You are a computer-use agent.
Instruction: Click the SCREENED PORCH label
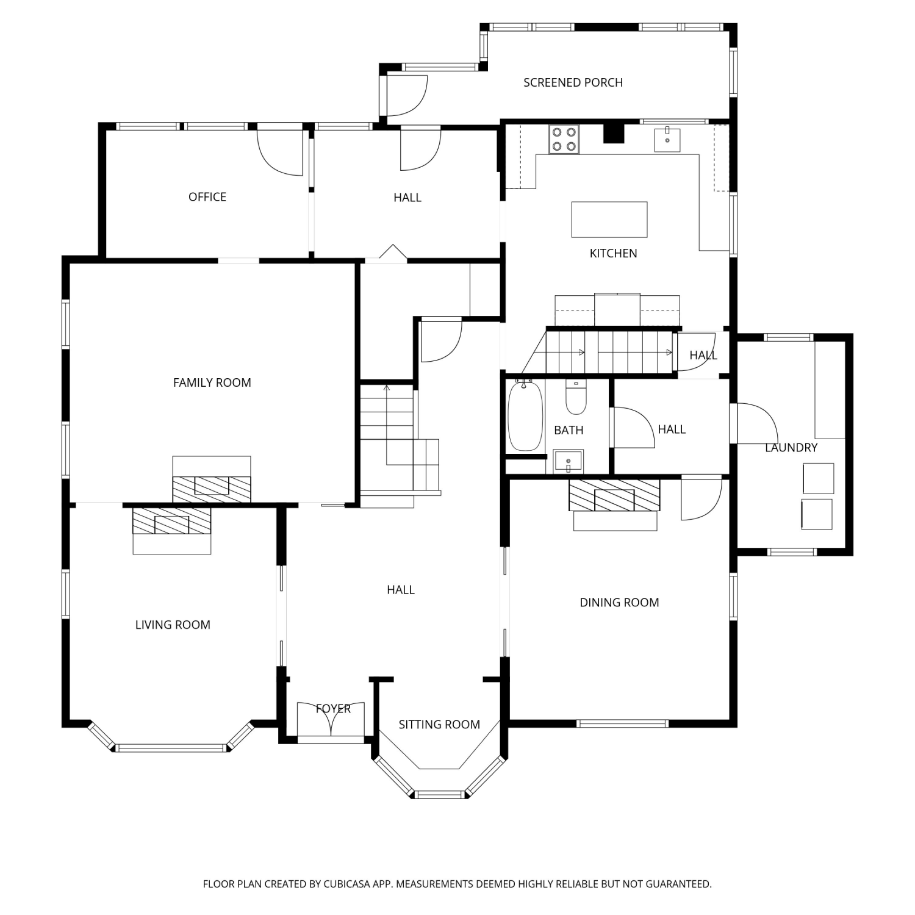pos(573,82)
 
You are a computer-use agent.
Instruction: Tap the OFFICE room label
pos(207,196)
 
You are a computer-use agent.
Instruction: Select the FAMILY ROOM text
pos(212,382)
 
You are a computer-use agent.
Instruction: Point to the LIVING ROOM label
pos(173,625)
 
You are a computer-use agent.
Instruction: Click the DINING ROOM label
pos(619,603)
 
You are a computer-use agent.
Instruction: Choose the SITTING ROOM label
pos(439,725)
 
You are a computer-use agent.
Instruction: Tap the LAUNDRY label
pos(791,448)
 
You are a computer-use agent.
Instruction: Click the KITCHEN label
pos(613,253)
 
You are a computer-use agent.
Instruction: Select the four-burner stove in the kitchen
pos(564,139)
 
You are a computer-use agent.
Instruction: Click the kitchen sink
pos(667,139)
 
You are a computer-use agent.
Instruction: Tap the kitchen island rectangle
pos(609,220)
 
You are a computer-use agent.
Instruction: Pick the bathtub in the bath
pos(525,416)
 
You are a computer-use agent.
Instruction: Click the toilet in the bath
pos(576,397)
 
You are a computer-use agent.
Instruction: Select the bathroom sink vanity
pos(569,461)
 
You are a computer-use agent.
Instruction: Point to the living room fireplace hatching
pos(172,521)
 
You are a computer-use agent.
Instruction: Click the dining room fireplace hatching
pos(614,495)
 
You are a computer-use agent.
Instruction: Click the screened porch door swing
pos(407,95)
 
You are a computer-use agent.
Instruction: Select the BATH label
pos(569,430)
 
